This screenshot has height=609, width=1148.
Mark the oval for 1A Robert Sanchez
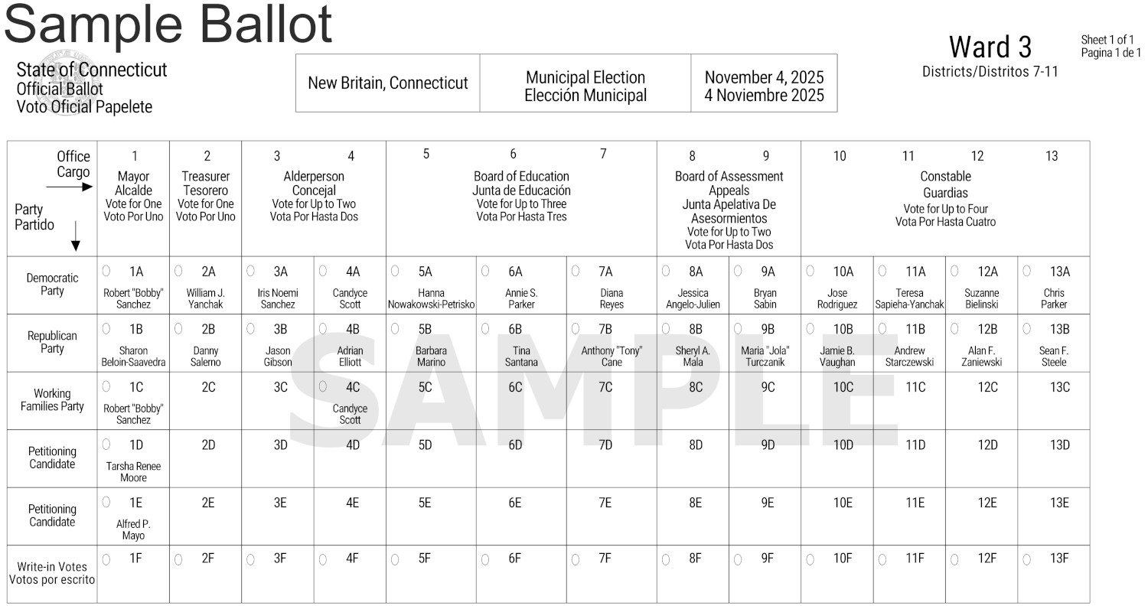(x=106, y=271)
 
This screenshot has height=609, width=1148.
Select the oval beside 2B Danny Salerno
(x=178, y=329)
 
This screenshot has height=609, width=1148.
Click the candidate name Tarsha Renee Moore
(x=133, y=472)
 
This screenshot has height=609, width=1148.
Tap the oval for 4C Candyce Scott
(x=323, y=387)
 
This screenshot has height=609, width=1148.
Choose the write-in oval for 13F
(x=1027, y=559)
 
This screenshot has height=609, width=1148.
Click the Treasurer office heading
(x=205, y=183)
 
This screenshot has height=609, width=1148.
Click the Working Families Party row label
(x=52, y=400)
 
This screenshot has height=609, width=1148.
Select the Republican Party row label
(x=52, y=342)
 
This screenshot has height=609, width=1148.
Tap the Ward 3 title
(x=990, y=47)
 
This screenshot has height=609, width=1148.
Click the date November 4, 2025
(x=764, y=77)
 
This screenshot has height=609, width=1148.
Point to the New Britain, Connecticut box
(x=387, y=83)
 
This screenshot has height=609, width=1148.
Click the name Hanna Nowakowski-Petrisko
(x=432, y=298)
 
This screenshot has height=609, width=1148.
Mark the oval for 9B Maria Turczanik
(x=738, y=329)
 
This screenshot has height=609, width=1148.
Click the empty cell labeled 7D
(x=605, y=445)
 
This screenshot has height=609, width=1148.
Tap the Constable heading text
(x=945, y=177)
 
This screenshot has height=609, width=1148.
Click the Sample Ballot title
(x=168, y=24)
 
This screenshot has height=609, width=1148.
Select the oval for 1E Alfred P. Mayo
(x=106, y=502)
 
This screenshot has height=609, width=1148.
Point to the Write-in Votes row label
(x=52, y=573)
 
